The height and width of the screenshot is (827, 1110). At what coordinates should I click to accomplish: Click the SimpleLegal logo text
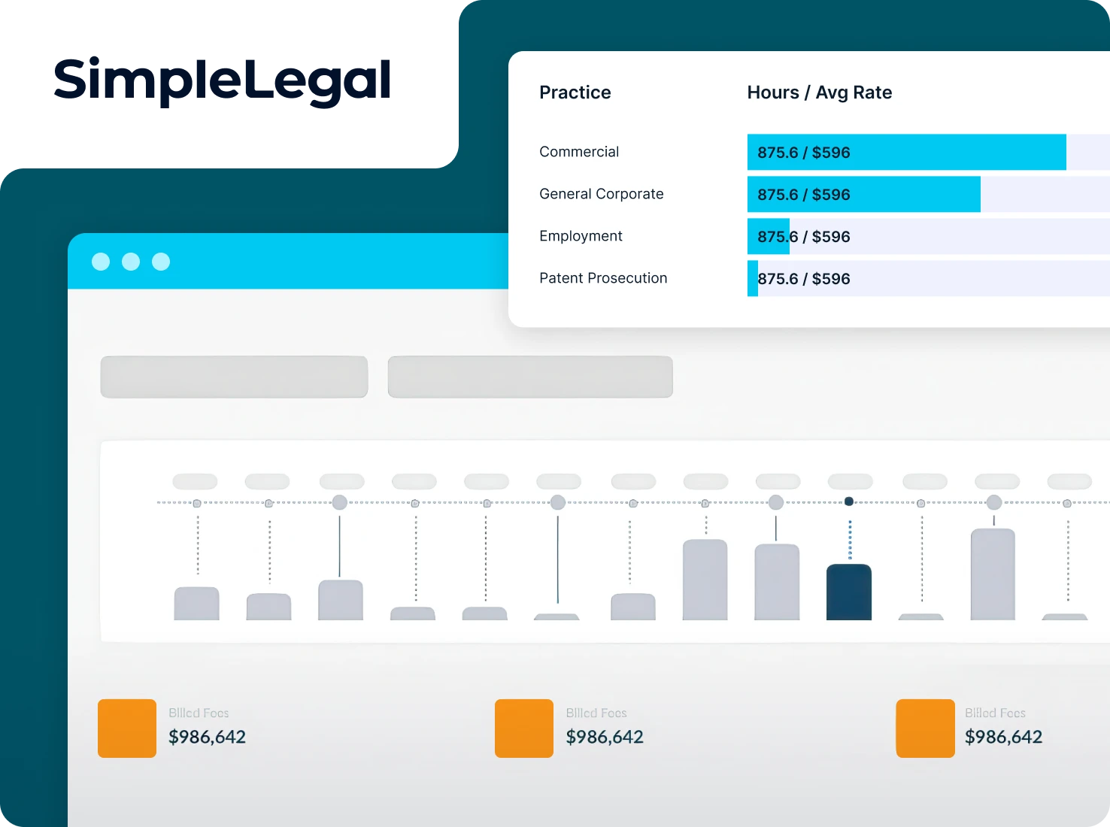pos(223,80)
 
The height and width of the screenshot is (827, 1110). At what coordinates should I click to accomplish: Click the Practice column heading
pos(575,92)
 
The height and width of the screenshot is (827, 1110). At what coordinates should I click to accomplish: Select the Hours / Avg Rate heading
pos(819,92)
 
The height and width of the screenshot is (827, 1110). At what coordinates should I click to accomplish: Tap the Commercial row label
pos(579,152)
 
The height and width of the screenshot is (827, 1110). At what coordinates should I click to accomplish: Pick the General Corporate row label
pos(601,194)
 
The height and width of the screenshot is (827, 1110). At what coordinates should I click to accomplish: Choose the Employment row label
pos(581,236)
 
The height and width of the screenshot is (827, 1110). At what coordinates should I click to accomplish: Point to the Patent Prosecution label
pos(603,278)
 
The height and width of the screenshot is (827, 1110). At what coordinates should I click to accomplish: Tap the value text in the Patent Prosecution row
pos(803,279)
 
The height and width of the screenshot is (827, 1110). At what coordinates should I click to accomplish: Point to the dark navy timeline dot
pos(849,501)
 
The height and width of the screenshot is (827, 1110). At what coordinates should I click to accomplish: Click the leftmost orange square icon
pos(127,728)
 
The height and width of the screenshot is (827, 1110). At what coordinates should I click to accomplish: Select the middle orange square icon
pos(524,728)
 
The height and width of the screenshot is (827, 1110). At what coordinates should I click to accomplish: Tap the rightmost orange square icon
pos(925,728)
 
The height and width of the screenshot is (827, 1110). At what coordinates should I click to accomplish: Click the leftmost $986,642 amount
pos(207,737)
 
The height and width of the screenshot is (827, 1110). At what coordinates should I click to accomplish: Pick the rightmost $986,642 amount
pos(1003,737)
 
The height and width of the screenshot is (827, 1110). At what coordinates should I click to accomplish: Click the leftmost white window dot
pos(101,262)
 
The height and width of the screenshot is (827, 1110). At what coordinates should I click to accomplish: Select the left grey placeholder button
pos(234,377)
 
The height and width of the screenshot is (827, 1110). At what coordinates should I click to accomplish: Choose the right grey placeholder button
pos(530,377)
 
